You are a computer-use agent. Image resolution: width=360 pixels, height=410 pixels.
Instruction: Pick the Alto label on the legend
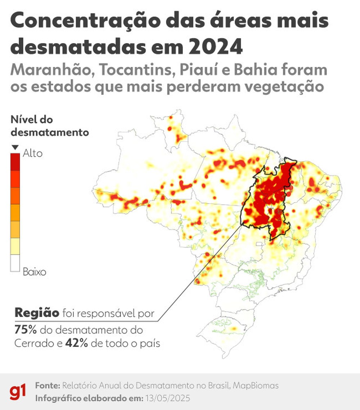33,153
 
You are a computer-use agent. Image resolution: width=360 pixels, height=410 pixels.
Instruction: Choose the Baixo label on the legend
34,272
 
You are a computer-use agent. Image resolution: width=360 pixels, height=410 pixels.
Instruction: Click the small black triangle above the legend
15,147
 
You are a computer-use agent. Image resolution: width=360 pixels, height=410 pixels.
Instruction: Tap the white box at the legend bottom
15,263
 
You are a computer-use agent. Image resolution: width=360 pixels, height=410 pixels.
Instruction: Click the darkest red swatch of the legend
15,161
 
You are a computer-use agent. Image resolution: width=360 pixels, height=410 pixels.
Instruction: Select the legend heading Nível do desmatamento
50,126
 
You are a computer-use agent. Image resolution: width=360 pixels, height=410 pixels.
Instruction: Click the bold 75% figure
26,330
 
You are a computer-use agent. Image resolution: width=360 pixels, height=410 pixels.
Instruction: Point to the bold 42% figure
77,343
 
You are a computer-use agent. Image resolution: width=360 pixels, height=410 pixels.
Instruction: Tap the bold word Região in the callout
37,313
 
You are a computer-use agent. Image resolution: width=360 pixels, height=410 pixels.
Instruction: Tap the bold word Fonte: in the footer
47,386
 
